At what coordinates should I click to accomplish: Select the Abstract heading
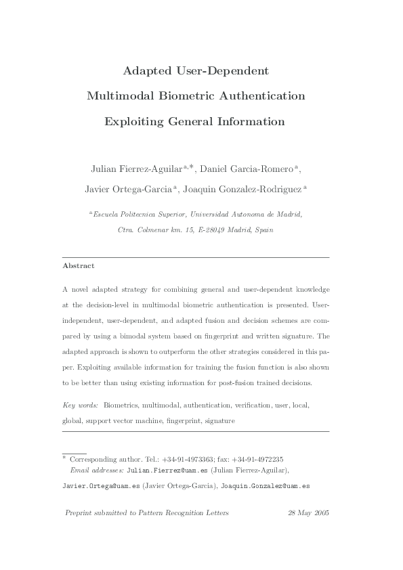[x=78, y=266]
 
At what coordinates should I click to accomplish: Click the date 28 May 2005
[x=308, y=514]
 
